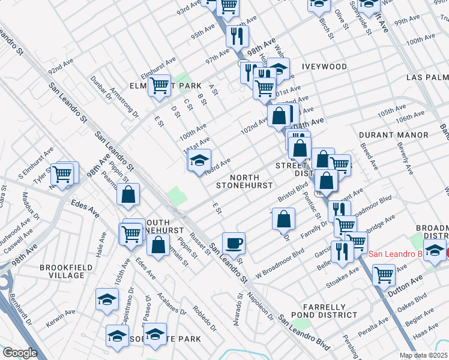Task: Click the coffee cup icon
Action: (234, 243)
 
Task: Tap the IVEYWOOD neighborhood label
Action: (325, 67)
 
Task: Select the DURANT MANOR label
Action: (393, 135)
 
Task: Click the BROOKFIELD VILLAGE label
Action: (62, 271)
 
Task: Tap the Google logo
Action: (20, 353)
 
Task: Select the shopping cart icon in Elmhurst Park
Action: (159, 85)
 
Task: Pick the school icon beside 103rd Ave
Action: (199, 160)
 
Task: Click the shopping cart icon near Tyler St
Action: (62, 173)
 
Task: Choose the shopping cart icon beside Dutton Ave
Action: (384, 274)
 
